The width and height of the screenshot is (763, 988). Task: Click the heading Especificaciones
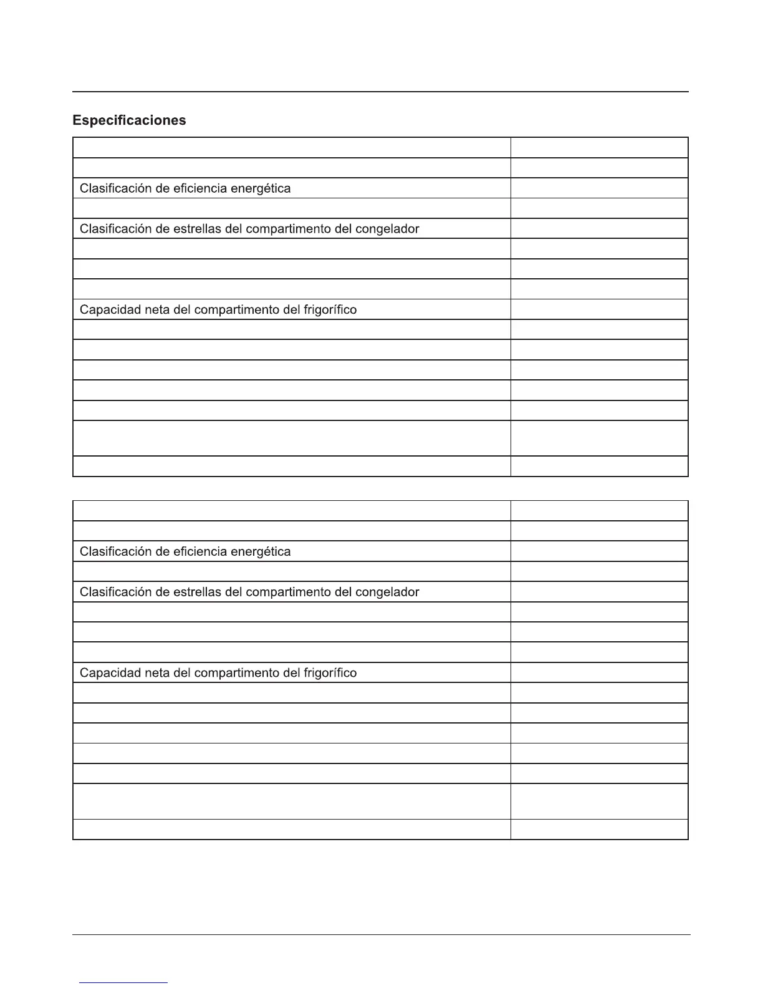129,120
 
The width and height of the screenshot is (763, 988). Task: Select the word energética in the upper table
261,188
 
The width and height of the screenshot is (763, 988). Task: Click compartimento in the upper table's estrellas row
289,229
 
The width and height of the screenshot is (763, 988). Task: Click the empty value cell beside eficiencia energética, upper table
599,188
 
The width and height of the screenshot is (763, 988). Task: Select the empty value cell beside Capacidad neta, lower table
599,673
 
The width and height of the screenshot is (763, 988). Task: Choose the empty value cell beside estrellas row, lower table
599,592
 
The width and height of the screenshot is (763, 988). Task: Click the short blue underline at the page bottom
123,982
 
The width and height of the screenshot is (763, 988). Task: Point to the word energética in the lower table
261,551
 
